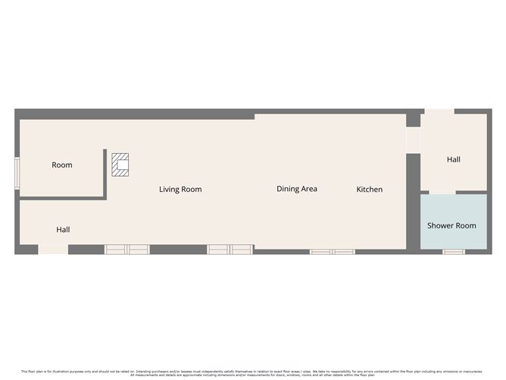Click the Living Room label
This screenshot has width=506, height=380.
click(180, 189)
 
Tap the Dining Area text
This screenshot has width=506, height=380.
click(297, 189)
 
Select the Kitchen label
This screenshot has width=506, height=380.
click(370, 189)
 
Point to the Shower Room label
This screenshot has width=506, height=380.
click(451, 225)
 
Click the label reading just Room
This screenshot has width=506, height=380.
click(62, 165)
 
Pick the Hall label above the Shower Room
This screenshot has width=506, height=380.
click(454, 159)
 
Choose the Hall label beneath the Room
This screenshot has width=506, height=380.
click(64, 229)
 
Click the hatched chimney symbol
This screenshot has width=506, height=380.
click(120, 165)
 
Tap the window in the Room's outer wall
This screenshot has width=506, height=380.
click(17, 171)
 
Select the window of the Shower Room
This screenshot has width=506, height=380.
click(454, 251)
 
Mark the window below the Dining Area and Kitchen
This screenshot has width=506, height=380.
click(332, 251)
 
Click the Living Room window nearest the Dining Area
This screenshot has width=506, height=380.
click(230, 249)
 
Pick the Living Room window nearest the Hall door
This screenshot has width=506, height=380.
click(127, 249)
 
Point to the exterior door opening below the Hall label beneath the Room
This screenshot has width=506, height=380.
click(53, 250)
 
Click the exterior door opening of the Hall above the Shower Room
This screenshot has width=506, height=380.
click(438, 112)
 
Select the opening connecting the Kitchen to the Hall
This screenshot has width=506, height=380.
click(413, 140)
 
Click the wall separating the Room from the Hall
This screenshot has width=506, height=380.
click(61, 198)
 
